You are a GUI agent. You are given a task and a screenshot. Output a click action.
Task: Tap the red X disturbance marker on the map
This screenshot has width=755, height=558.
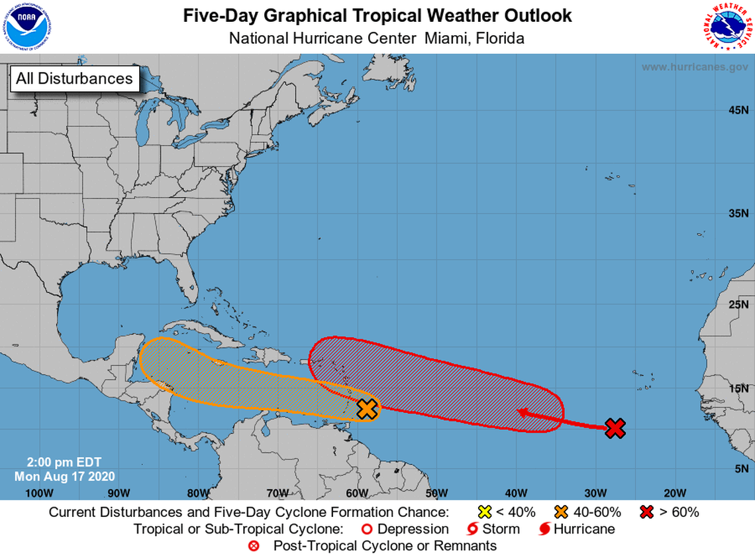tap(615, 428)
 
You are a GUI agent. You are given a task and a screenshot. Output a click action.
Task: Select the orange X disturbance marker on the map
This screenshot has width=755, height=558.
tap(366, 409)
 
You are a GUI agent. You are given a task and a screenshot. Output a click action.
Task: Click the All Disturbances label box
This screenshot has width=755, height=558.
tap(74, 78)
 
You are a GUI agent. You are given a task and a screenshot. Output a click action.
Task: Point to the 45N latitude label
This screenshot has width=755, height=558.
tap(738, 109)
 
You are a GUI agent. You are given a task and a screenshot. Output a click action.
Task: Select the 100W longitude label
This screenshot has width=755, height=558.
tap(38, 492)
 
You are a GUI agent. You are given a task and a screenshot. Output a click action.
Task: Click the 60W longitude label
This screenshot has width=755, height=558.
tap(357, 492)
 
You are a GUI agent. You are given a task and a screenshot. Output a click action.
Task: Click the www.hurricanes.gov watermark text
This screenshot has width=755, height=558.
tap(694, 67)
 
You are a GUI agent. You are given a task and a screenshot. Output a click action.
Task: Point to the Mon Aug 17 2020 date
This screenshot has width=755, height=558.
tap(65, 476)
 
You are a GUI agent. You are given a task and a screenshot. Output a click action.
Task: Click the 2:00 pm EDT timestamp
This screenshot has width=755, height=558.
tap(64, 463)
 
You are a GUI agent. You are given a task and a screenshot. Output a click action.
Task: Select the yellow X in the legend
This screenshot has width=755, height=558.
tap(485, 512)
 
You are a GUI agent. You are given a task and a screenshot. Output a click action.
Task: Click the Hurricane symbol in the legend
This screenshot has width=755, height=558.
tap(544, 529)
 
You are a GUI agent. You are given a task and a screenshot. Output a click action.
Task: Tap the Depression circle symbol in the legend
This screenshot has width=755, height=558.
tap(364, 529)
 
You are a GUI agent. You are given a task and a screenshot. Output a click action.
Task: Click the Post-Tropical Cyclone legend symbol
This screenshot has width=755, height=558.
tap(254, 546)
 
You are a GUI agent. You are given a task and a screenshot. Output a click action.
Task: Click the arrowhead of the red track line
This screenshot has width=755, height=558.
tap(523, 413)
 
